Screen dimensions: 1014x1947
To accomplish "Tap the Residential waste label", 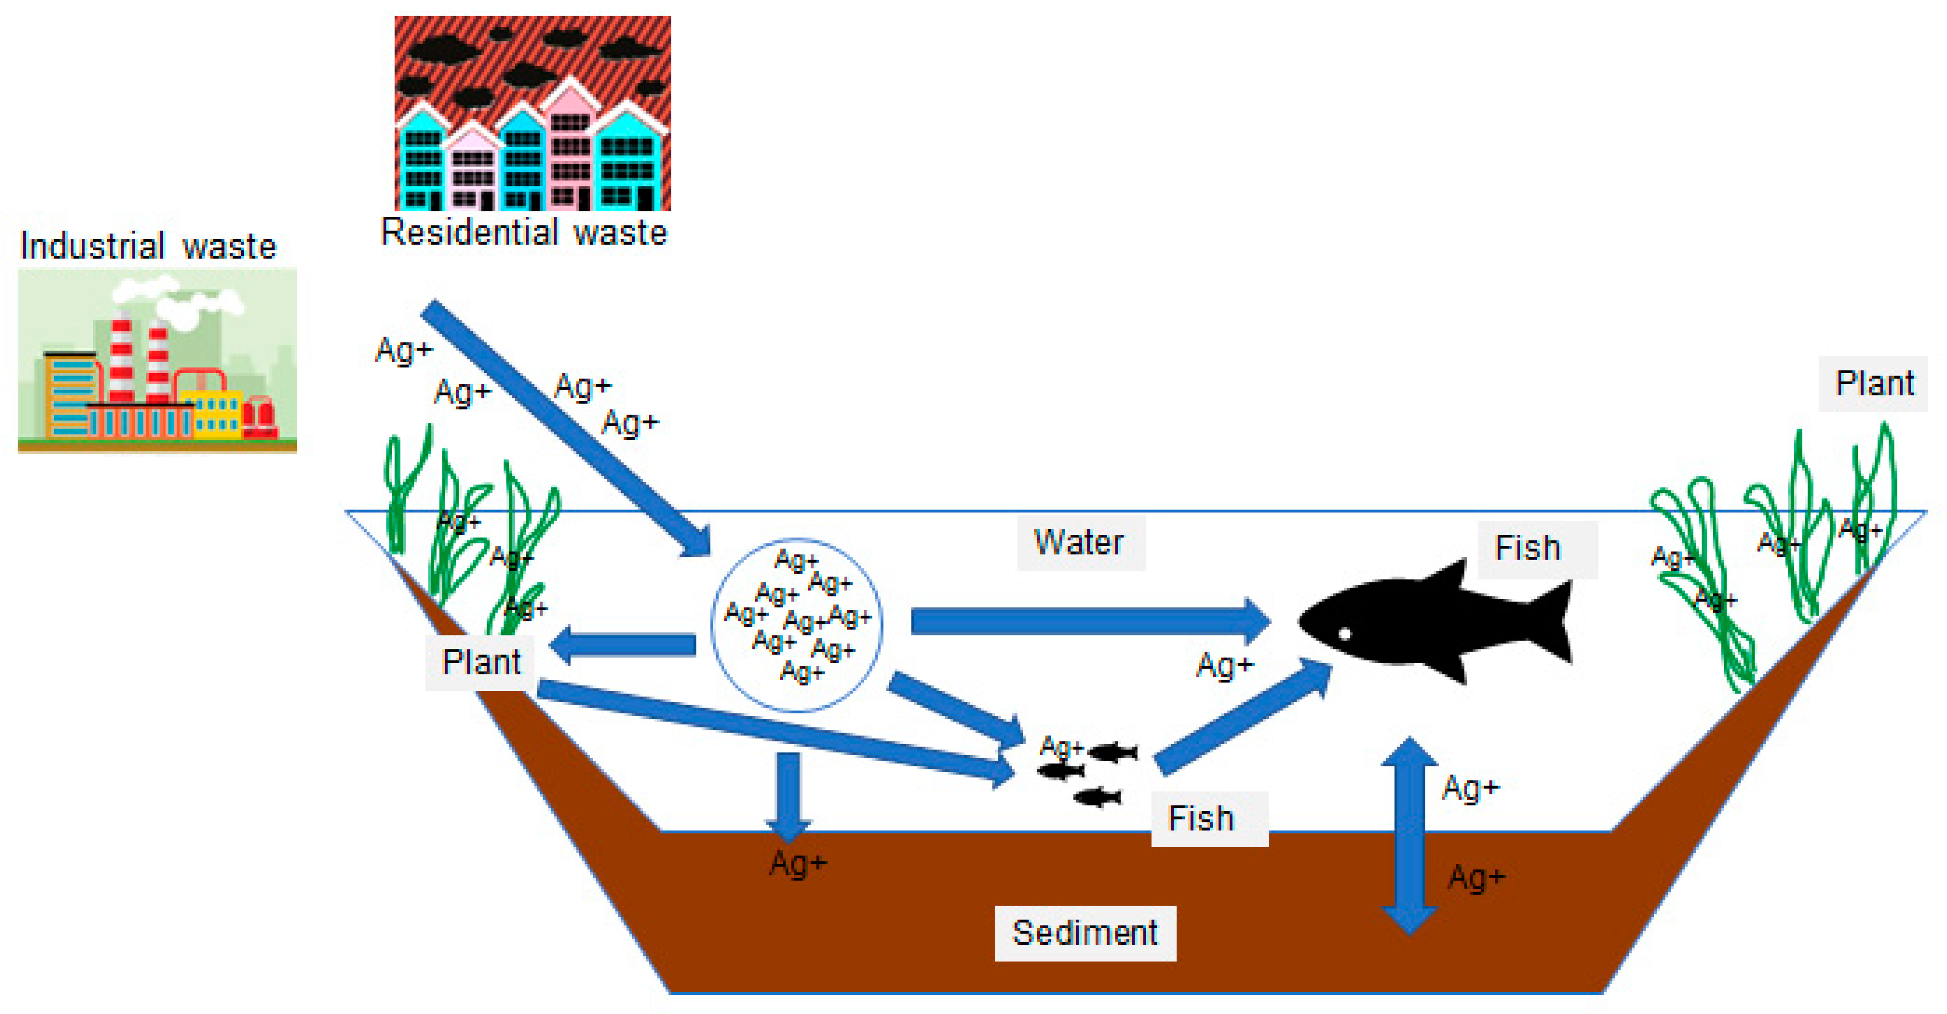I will click(x=524, y=232).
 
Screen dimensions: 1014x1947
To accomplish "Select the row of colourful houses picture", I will click(x=532, y=113).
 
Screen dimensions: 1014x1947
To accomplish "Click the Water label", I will click(x=1079, y=542).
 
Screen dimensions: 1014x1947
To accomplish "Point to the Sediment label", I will click(x=1085, y=933).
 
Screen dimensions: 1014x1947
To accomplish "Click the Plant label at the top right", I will click(x=1874, y=384).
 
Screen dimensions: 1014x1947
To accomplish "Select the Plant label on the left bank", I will click(x=481, y=663).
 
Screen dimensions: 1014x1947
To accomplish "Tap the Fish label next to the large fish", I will click(x=1528, y=548).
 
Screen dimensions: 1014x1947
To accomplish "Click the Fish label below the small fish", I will click(x=1201, y=819).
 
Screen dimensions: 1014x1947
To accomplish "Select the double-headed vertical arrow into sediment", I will click(x=1409, y=836).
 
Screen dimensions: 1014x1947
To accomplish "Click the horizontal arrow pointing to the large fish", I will click(x=1088, y=621).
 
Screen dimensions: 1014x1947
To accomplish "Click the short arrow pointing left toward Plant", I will click(x=624, y=644).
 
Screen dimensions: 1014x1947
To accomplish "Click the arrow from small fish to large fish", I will click(x=1244, y=718).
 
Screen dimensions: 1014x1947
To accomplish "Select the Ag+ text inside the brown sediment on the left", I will click(x=798, y=863).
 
